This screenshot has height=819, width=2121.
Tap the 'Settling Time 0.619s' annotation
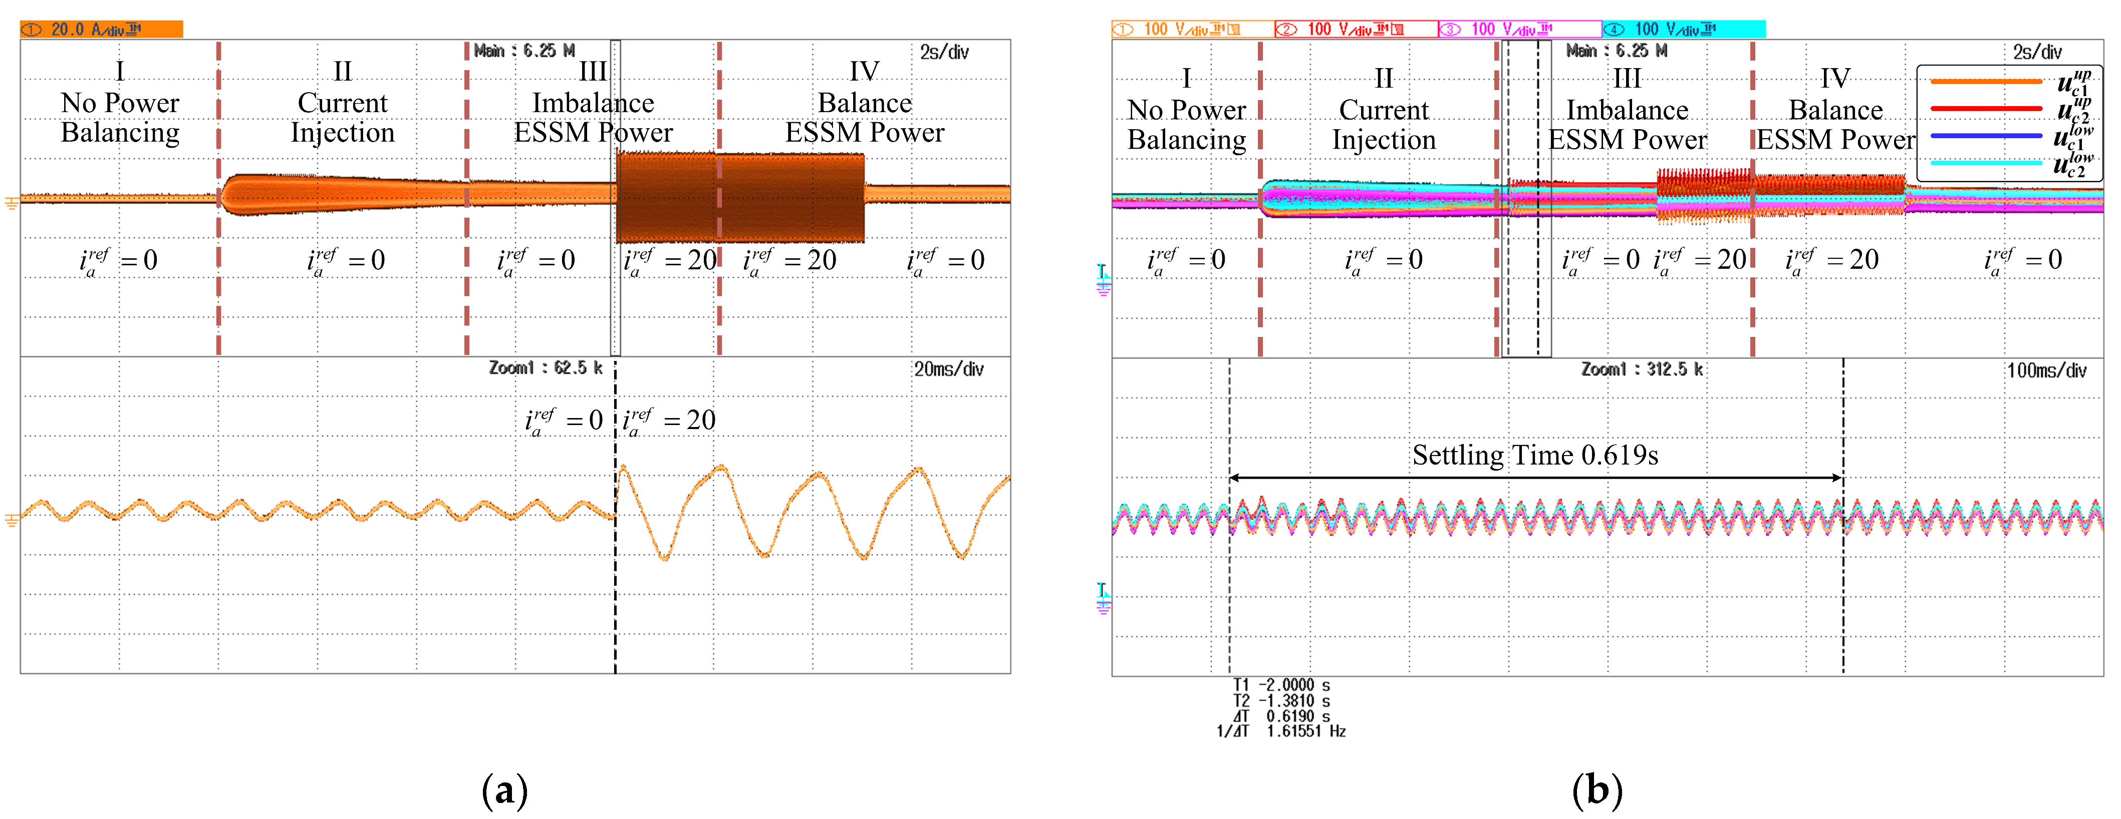tap(1535, 455)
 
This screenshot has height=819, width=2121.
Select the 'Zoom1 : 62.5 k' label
tap(545, 368)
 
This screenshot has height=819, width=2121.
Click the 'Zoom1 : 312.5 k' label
tap(1642, 369)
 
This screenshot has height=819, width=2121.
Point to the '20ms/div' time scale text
tap(948, 369)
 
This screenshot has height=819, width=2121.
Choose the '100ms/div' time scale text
tap(2046, 370)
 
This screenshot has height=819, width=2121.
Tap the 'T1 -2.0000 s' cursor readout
tap(1281, 685)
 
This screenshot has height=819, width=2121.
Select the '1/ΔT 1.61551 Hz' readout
tap(1281, 731)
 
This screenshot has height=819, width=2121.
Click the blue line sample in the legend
tap(1986, 136)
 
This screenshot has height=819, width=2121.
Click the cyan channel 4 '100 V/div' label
tap(1683, 30)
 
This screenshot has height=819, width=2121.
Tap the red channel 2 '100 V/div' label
tap(1355, 30)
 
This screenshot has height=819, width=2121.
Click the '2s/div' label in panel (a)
tap(944, 52)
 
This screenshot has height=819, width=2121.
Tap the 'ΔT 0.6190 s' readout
tap(1281, 716)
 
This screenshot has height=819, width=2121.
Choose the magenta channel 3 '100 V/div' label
tap(1519, 30)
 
